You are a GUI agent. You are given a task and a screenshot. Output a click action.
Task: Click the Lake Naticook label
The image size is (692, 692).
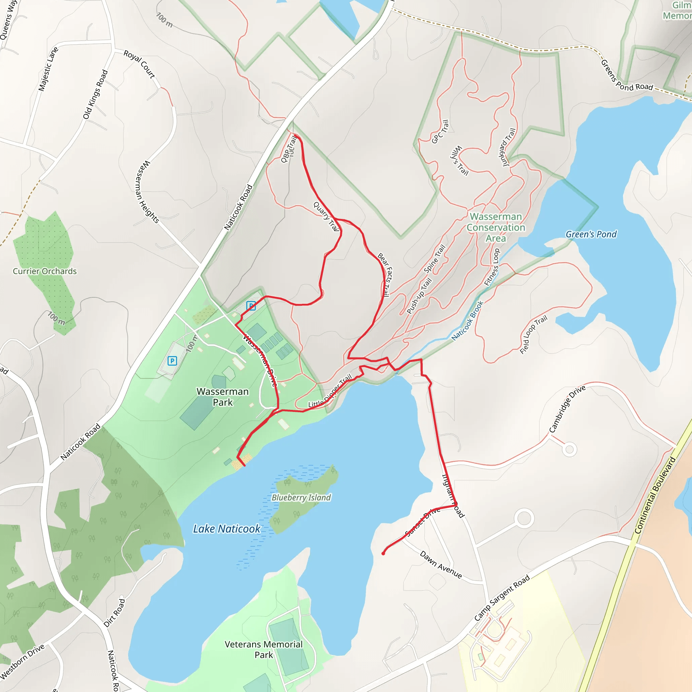point(227,529)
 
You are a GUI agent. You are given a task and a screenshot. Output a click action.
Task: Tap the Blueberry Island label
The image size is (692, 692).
point(301,497)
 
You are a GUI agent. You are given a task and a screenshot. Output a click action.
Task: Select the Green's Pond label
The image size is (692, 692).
point(591,234)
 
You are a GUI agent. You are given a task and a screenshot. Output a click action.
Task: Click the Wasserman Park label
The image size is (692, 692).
point(222,397)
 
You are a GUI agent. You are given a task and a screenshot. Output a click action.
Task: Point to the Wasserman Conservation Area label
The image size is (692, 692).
point(496,227)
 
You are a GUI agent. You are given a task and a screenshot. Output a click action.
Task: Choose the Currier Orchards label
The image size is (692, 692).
point(45,271)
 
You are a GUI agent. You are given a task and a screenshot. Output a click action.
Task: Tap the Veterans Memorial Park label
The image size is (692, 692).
point(264,649)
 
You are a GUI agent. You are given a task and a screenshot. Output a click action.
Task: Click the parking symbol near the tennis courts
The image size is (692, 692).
point(172,361)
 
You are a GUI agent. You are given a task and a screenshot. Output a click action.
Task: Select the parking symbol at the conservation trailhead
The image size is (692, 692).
point(251,305)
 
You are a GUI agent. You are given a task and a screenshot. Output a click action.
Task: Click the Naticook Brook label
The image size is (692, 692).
point(467,321)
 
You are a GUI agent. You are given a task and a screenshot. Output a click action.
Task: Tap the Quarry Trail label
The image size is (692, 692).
point(326,217)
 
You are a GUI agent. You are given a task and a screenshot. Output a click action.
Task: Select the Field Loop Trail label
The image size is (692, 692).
point(533,335)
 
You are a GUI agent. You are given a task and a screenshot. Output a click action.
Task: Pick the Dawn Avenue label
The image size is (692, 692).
point(441,565)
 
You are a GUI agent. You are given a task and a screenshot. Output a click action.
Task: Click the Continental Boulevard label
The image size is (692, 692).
point(655,495)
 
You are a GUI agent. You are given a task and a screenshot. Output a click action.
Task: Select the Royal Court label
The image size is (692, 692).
point(139,64)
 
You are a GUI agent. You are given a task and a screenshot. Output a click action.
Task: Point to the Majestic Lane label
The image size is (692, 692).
point(48,69)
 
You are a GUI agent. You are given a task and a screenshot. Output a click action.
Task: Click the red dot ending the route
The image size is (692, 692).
point(383,553)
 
